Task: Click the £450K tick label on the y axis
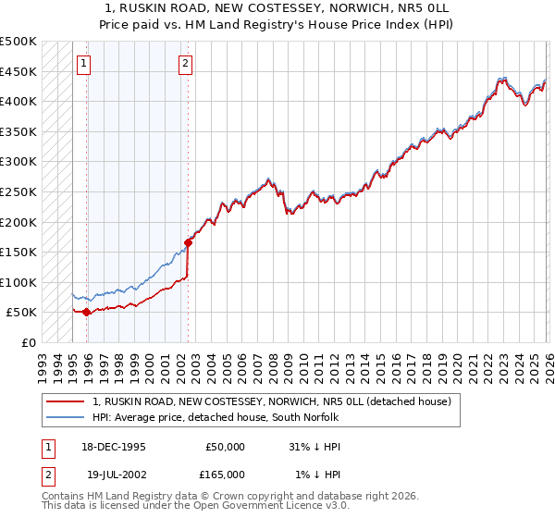(x=18, y=71)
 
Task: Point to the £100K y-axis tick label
(x=18, y=282)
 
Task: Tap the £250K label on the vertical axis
(x=18, y=191)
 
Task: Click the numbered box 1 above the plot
(x=84, y=63)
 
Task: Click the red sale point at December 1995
(x=87, y=313)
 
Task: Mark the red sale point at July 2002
(x=188, y=243)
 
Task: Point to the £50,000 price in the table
(x=225, y=447)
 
